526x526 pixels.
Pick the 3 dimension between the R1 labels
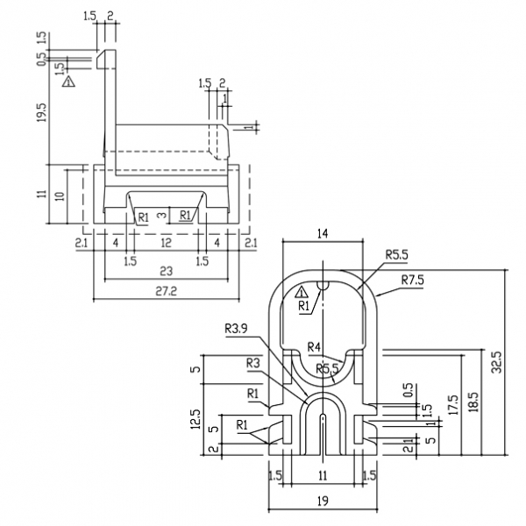click(160, 214)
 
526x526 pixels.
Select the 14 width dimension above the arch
click(323, 234)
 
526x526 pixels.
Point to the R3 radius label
click(253, 362)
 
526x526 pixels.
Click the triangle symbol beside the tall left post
click(68, 82)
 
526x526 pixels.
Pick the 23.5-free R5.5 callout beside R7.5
click(396, 255)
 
